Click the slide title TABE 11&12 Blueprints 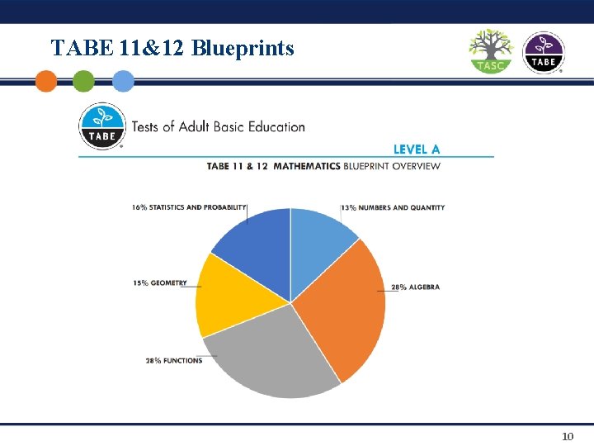(172, 48)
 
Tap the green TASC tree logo (491, 51)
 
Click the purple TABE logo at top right (544, 52)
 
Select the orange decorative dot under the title (46, 81)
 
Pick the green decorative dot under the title (83, 81)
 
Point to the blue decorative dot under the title (123, 81)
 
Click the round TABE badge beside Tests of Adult (101, 126)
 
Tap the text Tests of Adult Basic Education (218, 127)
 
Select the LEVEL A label (417, 149)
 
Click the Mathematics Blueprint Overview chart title (323, 166)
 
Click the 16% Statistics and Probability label (189, 207)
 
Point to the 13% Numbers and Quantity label (393, 207)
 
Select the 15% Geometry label (159, 283)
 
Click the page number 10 (568, 435)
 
